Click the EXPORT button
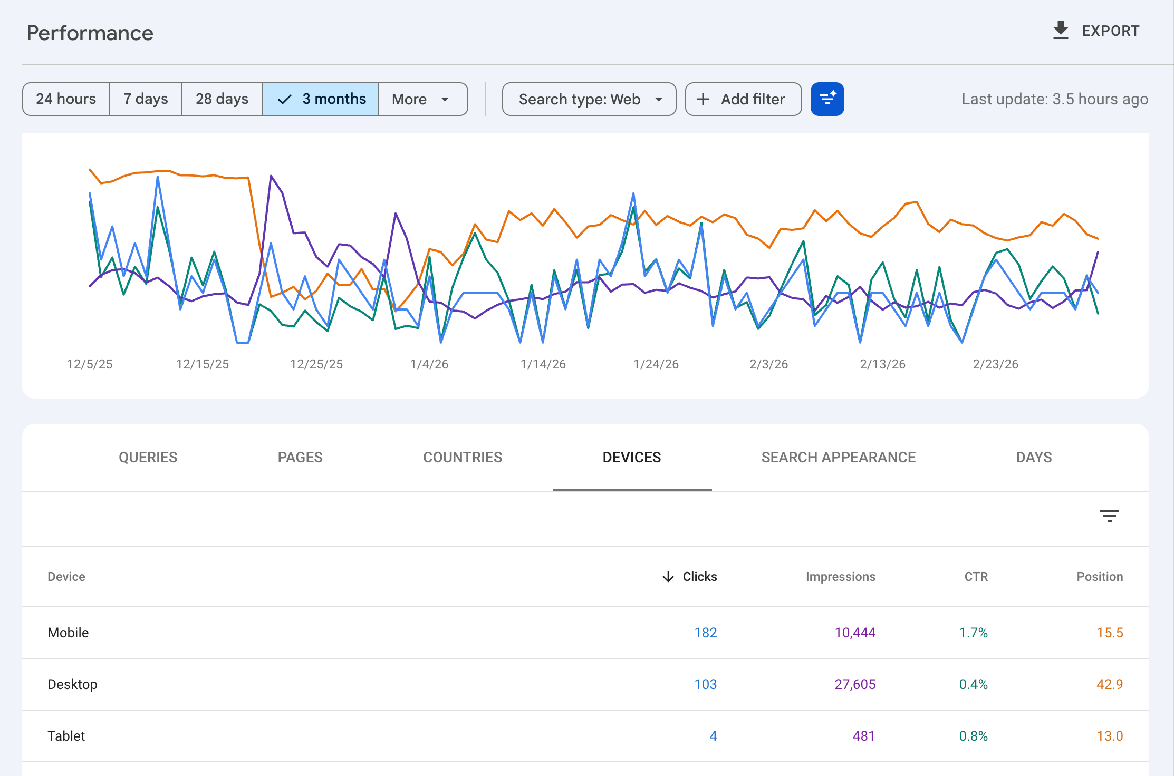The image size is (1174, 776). (x=1096, y=31)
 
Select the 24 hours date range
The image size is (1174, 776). (x=66, y=99)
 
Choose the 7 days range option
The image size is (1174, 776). (x=146, y=99)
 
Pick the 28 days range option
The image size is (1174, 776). (x=222, y=99)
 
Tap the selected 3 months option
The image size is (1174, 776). (x=321, y=99)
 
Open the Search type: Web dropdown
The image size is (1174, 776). (x=589, y=99)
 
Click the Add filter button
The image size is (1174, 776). (x=743, y=99)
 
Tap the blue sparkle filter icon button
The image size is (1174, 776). (x=827, y=99)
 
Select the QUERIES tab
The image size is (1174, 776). (x=148, y=457)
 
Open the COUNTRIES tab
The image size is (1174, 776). (x=463, y=457)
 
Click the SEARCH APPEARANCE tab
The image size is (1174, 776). (x=838, y=457)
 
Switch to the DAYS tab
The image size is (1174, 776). (x=1034, y=457)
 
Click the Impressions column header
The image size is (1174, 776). (x=840, y=577)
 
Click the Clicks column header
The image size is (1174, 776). (x=689, y=577)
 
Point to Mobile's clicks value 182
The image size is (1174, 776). (x=706, y=633)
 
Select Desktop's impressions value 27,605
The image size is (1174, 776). (x=855, y=684)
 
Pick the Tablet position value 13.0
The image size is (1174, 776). (x=1110, y=736)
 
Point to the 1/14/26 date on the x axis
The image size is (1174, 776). (x=543, y=364)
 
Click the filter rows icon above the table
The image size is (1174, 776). (x=1109, y=516)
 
